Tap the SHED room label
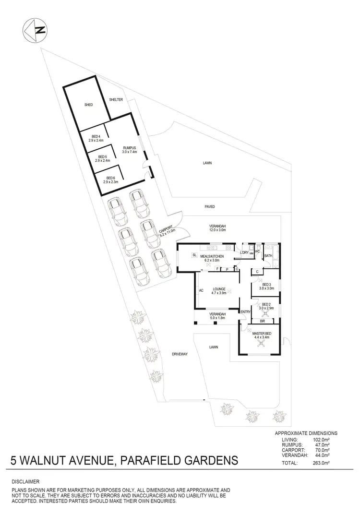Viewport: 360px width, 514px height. point(88,104)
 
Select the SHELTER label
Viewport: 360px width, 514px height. point(116,99)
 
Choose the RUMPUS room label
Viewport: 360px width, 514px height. point(130,148)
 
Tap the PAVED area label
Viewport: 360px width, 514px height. point(209,207)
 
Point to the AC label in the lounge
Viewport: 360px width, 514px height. point(202,290)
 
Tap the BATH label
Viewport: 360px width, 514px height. point(268,256)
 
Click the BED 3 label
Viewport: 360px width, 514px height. point(266,284)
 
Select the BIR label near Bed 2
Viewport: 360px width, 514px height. point(262,321)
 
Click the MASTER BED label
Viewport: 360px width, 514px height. point(262,333)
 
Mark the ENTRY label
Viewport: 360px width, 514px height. point(245,312)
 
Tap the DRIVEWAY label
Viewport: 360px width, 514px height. point(179,354)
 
